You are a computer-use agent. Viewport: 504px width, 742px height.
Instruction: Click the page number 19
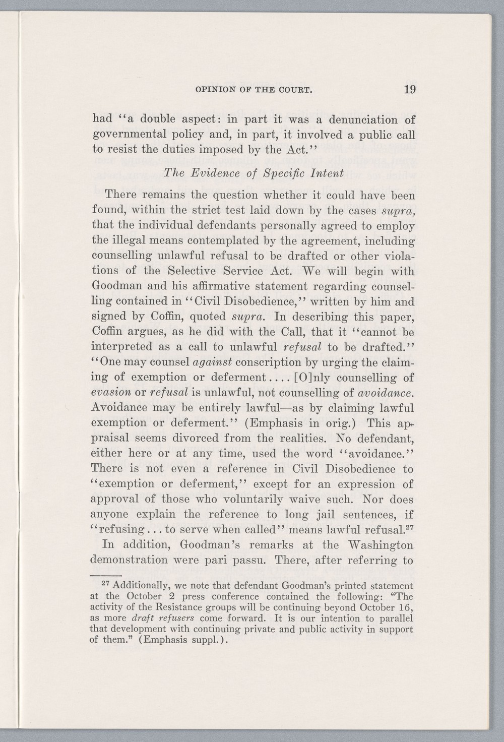408,91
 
